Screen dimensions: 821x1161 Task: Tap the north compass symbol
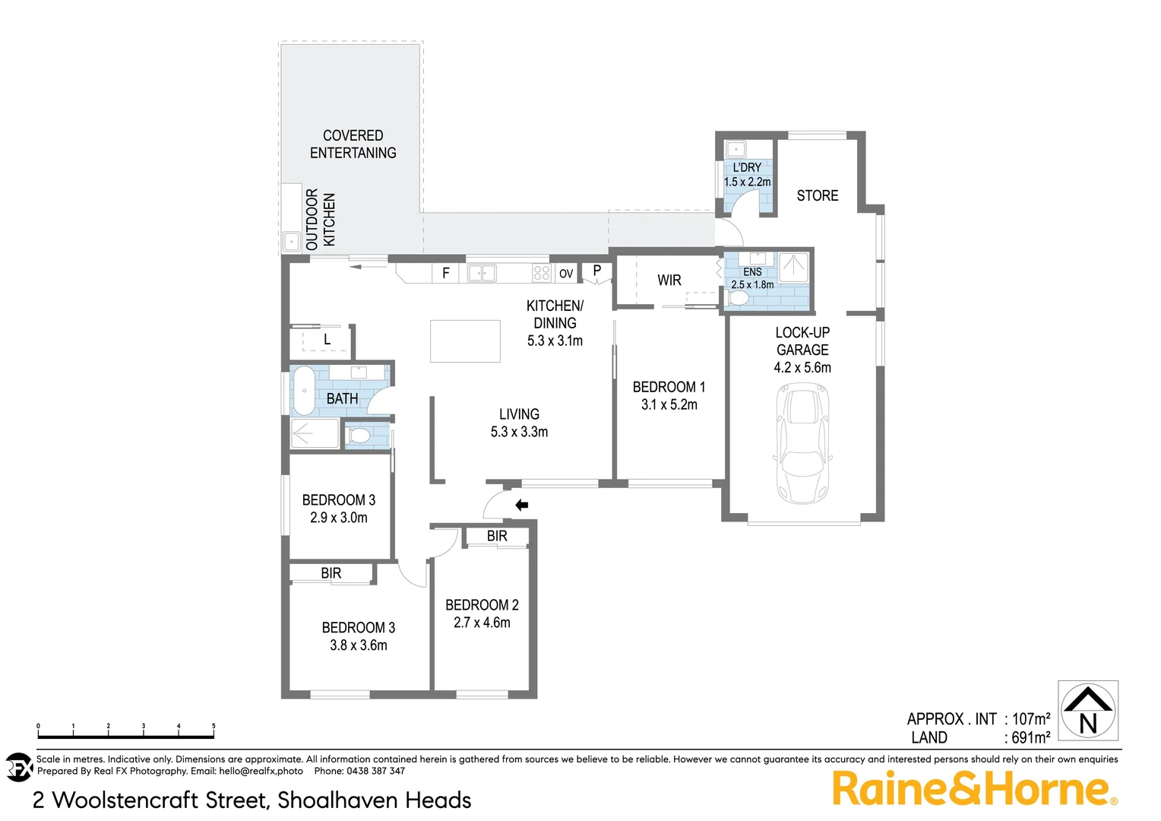point(1088,710)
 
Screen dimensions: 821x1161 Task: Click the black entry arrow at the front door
point(521,505)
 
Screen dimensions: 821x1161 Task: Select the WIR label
point(669,281)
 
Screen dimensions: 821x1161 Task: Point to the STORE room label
point(818,196)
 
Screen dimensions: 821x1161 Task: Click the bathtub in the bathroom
point(304,390)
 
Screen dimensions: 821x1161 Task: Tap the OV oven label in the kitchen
point(566,274)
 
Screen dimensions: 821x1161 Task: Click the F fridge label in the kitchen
point(446,273)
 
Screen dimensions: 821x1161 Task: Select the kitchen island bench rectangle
point(465,341)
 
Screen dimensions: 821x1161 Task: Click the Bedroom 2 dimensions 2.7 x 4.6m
point(482,623)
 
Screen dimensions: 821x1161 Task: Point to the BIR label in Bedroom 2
point(497,536)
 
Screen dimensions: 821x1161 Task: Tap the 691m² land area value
point(1030,737)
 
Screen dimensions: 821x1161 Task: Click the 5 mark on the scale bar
point(214,727)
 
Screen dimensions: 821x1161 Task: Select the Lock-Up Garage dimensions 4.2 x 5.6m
point(802,368)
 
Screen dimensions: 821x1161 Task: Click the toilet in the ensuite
point(737,298)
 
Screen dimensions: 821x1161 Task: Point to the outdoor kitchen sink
point(291,242)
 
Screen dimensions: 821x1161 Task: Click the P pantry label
point(597,270)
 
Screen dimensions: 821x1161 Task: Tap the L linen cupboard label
point(327,340)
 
